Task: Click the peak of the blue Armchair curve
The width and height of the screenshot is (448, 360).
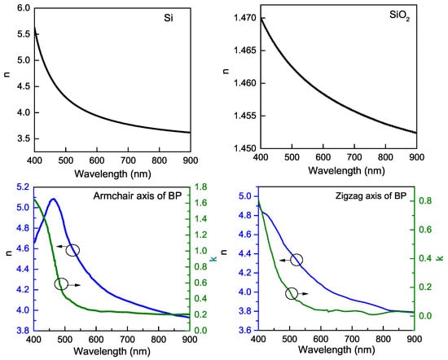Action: coord(53,199)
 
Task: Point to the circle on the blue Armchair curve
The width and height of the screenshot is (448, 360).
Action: coord(72,249)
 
